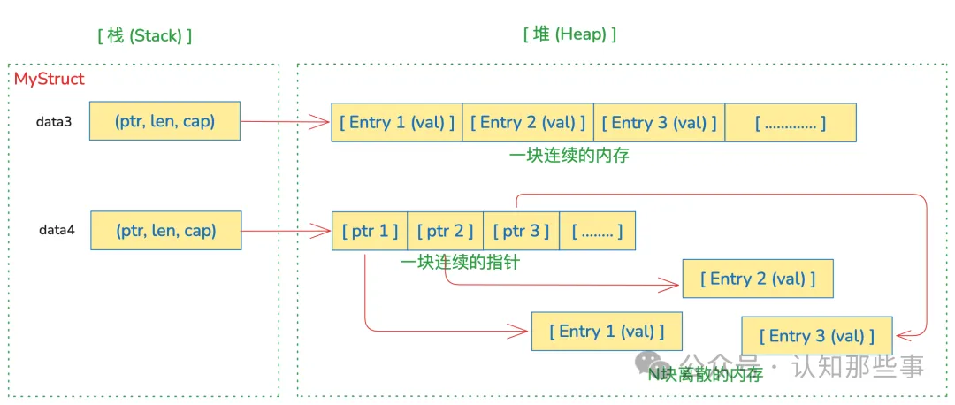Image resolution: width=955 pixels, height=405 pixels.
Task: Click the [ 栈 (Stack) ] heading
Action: click(x=145, y=35)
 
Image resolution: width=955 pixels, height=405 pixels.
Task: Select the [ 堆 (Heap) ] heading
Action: click(x=569, y=34)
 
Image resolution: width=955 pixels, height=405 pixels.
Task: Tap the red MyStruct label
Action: click(x=50, y=80)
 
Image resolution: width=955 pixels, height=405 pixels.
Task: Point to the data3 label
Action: click(x=54, y=121)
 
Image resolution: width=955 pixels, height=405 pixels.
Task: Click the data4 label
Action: click(x=57, y=230)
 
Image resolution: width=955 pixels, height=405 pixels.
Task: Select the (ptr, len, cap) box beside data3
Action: click(x=164, y=121)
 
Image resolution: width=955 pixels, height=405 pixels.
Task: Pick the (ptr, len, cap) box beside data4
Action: click(x=165, y=230)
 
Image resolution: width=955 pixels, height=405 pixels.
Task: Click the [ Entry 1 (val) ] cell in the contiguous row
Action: click(x=397, y=122)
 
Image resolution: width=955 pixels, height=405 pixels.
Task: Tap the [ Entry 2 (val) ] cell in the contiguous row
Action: click(x=528, y=122)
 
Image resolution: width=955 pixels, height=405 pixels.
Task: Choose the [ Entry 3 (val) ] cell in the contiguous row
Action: click(x=659, y=122)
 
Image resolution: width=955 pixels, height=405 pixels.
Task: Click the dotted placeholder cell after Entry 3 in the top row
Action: click(x=791, y=122)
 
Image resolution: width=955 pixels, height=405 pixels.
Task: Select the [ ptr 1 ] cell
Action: click(x=370, y=231)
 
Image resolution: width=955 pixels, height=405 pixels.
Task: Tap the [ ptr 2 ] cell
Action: click(x=446, y=231)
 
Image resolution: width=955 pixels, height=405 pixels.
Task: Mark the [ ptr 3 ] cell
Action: click(x=522, y=231)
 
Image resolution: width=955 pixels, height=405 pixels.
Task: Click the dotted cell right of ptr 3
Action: click(x=597, y=231)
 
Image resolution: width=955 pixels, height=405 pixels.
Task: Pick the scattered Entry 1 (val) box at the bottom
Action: click(x=607, y=332)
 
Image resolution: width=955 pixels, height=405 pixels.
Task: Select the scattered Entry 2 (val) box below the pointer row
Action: click(x=758, y=279)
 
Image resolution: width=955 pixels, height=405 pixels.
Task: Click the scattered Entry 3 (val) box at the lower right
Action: click(x=817, y=336)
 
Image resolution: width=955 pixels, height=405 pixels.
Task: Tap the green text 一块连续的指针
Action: click(x=459, y=263)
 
